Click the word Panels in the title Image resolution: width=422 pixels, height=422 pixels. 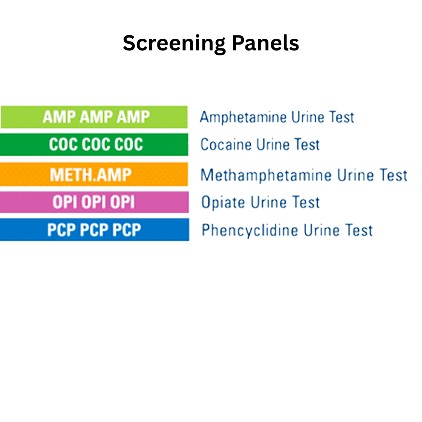coord(265,43)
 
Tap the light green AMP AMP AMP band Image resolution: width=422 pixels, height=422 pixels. coord(94,117)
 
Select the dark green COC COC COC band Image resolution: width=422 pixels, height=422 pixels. coord(94,145)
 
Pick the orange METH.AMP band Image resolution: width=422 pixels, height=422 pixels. coord(94,174)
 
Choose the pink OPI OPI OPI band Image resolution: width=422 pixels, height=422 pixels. coord(94,202)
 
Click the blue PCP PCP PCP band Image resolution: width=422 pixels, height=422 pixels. coord(94,230)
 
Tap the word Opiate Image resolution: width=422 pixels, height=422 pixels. coord(223,202)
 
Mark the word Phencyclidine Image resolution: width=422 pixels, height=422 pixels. coord(250,230)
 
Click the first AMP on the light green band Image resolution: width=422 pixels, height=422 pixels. coord(59,117)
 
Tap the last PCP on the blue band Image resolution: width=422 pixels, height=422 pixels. coord(127,230)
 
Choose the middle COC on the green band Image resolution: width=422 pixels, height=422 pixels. coord(96,145)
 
